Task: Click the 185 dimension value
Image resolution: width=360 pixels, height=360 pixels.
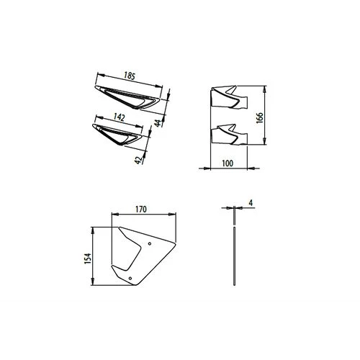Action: coord(130,76)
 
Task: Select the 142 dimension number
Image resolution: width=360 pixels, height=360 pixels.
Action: coord(120,117)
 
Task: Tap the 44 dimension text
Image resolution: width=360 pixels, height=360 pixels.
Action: coord(158,123)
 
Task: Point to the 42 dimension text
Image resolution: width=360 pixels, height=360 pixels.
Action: coord(138,160)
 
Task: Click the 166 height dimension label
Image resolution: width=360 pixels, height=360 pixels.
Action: coord(260,117)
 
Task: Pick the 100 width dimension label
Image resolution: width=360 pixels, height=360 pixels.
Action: coord(228,163)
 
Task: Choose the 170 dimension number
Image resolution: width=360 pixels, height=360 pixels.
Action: coord(141,210)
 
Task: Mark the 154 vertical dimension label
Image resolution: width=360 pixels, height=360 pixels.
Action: coord(88,258)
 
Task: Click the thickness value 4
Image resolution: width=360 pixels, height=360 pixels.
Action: coord(251,203)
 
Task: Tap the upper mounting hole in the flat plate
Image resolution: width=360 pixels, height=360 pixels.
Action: coord(150,243)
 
